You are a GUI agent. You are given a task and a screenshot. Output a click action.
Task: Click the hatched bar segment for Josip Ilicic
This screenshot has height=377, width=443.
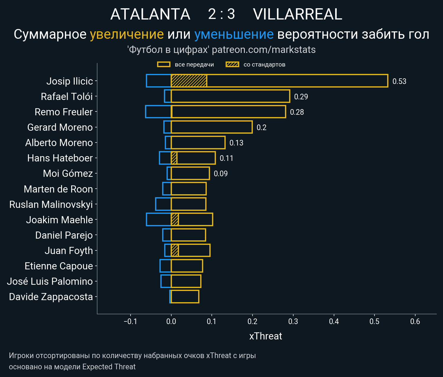coord(189,81)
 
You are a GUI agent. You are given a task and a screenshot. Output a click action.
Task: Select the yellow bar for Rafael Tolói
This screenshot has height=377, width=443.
coord(230,96)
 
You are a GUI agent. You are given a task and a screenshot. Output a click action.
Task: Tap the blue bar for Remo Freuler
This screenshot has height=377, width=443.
coord(158,112)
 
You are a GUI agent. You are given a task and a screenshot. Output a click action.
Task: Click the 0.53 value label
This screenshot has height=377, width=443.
coord(399,81)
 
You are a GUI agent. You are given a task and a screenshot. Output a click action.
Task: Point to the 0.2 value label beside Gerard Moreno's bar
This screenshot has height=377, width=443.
coord(261,127)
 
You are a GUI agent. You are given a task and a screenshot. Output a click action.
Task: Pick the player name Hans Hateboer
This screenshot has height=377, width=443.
coord(60,158)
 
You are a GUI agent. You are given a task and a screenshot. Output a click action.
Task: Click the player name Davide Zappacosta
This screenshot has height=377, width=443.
coord(51,297)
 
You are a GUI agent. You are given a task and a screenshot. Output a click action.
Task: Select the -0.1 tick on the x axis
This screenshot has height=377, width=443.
coord(130,321)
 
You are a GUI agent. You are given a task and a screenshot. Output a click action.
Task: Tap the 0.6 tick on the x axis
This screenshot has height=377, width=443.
coord(415,321)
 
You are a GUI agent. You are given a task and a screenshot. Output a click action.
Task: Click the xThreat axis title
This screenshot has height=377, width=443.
coord(266,336)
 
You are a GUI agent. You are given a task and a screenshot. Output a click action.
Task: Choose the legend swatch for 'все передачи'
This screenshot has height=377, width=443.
coord(164,64)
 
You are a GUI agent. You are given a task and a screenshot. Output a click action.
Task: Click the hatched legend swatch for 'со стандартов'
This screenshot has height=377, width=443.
coord(232,64)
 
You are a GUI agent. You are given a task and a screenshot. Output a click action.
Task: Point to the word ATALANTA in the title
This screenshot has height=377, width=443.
coord(150,14)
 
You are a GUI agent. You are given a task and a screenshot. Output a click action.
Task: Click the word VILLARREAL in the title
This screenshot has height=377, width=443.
coord(297,14)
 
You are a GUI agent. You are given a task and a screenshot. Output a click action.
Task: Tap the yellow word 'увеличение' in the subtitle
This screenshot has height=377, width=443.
coord(127,34)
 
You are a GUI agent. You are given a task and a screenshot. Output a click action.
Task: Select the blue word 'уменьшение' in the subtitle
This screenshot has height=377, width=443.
coord(234,34)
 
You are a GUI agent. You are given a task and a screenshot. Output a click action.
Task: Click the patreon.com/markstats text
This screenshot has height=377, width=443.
coord(264,50)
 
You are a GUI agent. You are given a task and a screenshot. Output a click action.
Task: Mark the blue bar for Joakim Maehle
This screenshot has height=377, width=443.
coord(159,219)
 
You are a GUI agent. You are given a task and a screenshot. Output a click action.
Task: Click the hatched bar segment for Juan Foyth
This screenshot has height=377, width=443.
coord(175,250)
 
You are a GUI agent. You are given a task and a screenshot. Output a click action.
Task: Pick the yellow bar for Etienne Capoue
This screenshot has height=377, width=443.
coord(187,266)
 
